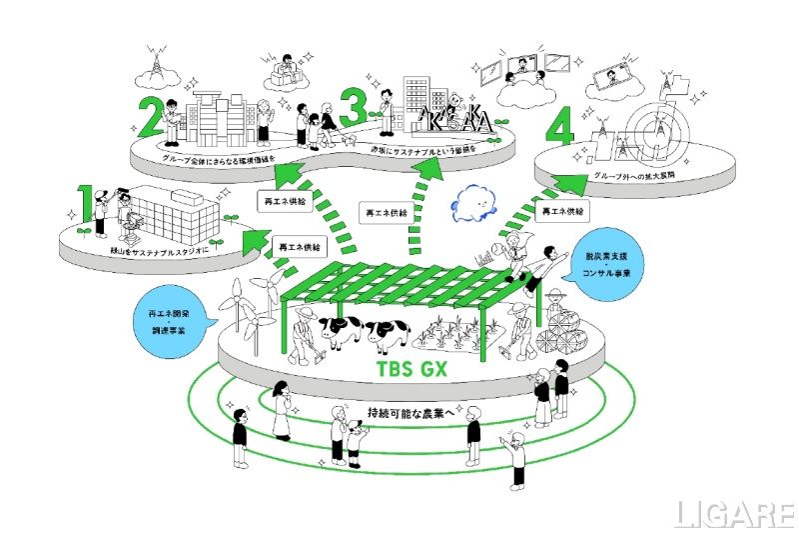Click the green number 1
click(86, 202)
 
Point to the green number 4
click(561, 130)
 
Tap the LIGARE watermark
click(732, 514)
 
